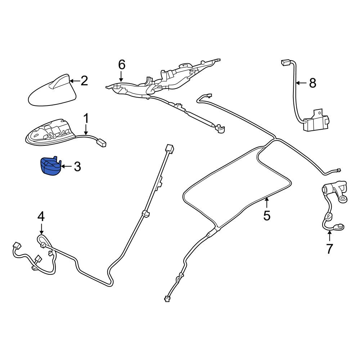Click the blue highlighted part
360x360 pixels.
tap(50, 166)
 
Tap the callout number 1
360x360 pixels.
tap(86, 119)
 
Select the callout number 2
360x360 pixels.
tap(84, 81)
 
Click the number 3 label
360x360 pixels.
tap(77, 166)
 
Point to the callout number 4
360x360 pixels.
tap(41, 216)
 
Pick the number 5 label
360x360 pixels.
tap(267, 216)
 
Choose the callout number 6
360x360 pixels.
tap(122, 64)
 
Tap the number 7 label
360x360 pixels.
tap(329, 249)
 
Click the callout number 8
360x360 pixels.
tap(313, 83)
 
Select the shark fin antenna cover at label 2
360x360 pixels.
tap(52, 91)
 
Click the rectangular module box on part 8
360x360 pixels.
tap(316, 121)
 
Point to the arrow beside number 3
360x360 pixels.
tap(67, 166)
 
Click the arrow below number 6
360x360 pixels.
tap(121, 76)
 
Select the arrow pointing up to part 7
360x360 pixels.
tap(329, 236)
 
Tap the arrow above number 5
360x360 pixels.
tap(266, 203)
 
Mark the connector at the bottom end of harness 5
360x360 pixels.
tap(167, 299)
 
